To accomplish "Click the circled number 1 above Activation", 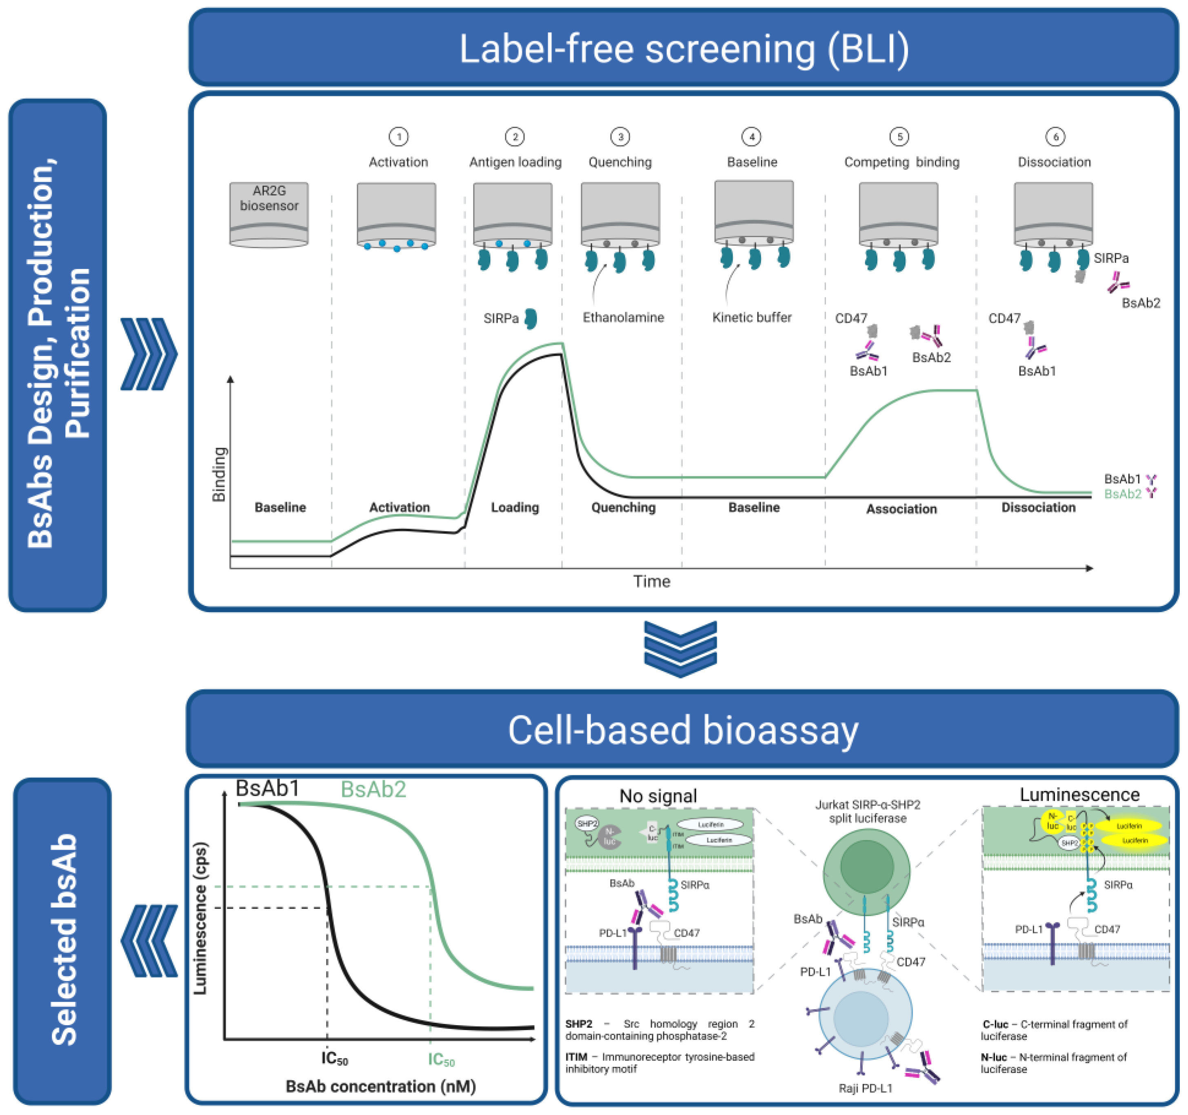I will pos(399,137).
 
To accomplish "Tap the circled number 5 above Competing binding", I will pos(899,137).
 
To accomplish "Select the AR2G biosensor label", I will pos(269,198).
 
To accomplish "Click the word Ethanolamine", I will pos(623,317).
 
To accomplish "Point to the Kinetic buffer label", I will pos(752,317).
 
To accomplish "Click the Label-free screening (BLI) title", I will pos(684,49).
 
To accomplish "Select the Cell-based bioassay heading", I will pos(683,730).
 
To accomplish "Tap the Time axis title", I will pos(651,582).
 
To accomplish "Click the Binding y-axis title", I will pos(219,474).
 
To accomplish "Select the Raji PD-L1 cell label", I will pos(865,1088).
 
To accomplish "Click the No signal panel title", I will pos(658,796).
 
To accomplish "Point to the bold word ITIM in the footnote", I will pos(576,1057).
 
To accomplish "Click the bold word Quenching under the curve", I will pos(623,507).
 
